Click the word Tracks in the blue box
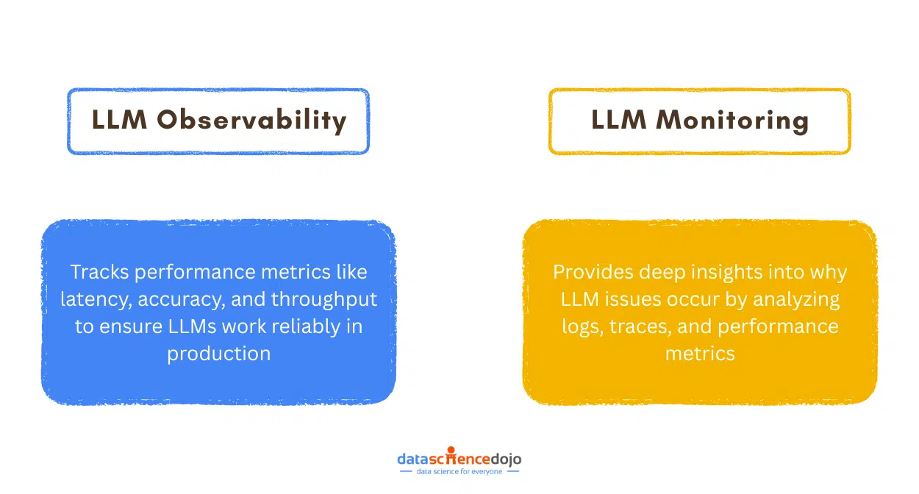pos(100,272)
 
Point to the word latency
pos(90,299)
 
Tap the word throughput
pos(324,299)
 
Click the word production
pos(218,353)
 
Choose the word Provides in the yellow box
pos(590,272)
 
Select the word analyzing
pos(791,299)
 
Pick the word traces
pos(639,326)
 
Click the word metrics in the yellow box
pos(699,353)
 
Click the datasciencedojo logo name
pos(459,458)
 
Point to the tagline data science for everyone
pos(459,471)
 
